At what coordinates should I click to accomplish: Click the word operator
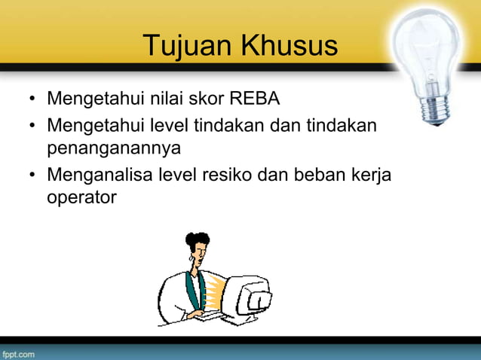point(82,199)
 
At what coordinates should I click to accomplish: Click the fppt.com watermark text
point(17,352)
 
